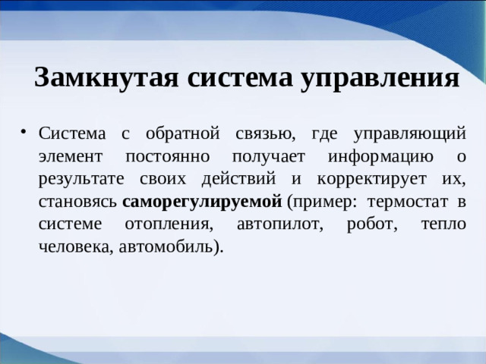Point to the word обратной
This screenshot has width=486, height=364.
click(x=184, y=135)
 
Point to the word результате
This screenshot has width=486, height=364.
click(x=83, y=180)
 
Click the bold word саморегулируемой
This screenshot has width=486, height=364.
click(x=202, y=202)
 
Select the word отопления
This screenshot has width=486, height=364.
click(x=160, y=224)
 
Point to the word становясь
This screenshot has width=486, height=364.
click(x=78, y=202)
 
